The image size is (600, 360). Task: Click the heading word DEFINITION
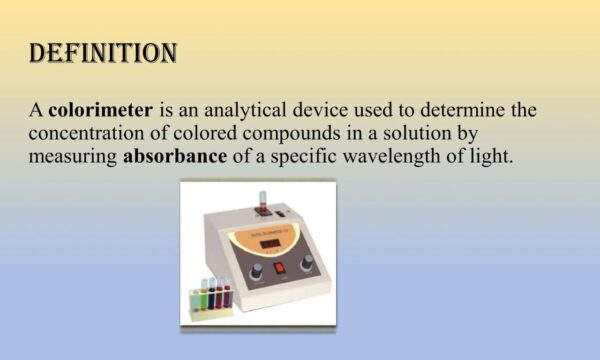click(104, 53)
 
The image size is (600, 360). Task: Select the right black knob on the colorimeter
click(307, 261)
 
